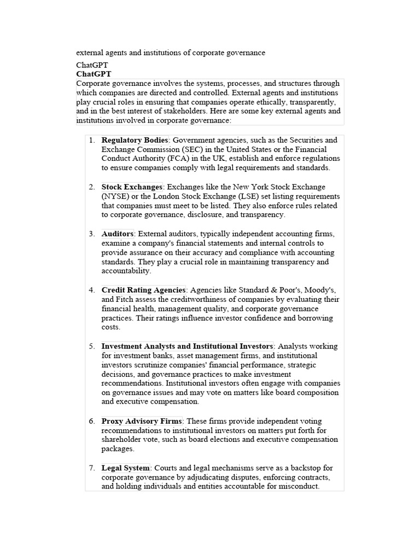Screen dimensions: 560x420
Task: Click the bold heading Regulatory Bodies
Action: (x=135, y=140)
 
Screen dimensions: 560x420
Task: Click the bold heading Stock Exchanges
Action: (x=132, y=187)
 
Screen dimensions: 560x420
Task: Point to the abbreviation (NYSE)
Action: (x=115, y=196)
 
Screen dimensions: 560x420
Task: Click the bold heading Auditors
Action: (x=117, y=234)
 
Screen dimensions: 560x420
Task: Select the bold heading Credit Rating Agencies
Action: (x=144, y=290)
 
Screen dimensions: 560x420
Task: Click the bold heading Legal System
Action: (x=125, y=468)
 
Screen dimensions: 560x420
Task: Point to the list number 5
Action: (x=92, y=346)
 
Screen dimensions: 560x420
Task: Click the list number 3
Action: (x=92, y=234)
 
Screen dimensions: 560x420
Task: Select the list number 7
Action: (x=92, y=468)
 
